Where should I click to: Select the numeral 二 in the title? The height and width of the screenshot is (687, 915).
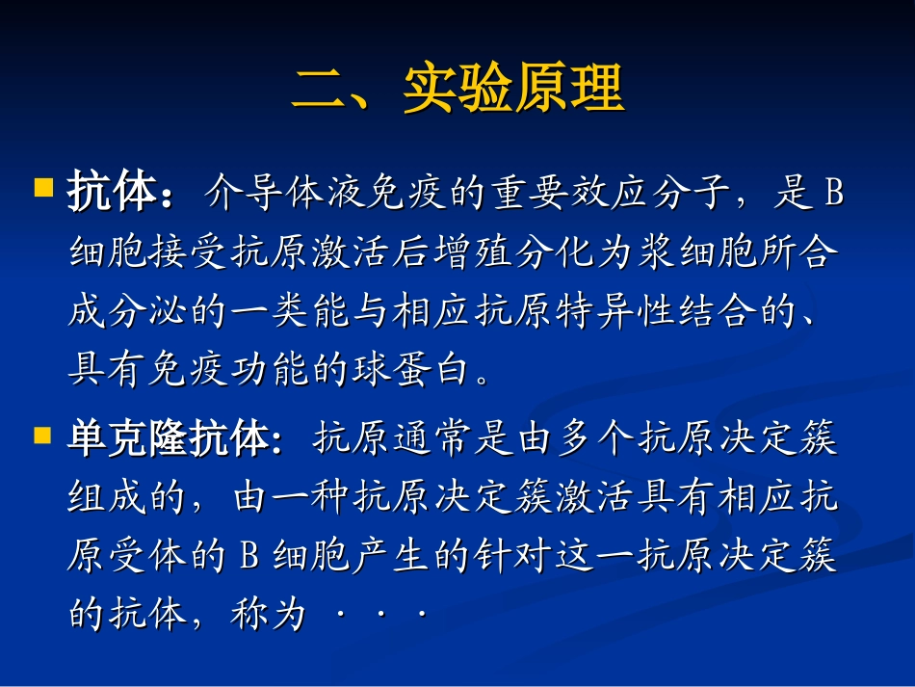(x=319, y=89)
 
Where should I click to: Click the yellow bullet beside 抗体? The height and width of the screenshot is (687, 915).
(x=43, y=188)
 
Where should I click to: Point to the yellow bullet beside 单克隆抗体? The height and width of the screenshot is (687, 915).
(x=42, y=436)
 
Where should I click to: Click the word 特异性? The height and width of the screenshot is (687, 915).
(x=615, y=310)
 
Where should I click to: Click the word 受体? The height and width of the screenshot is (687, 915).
(x=147, y=554)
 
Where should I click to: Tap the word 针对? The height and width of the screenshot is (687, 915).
(x=512, y=554)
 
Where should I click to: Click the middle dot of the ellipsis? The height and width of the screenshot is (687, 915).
(x=380, y=614)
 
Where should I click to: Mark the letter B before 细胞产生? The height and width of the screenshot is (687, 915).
(x=248, y=555)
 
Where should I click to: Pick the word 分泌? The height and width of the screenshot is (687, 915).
(x=147, y=310)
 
